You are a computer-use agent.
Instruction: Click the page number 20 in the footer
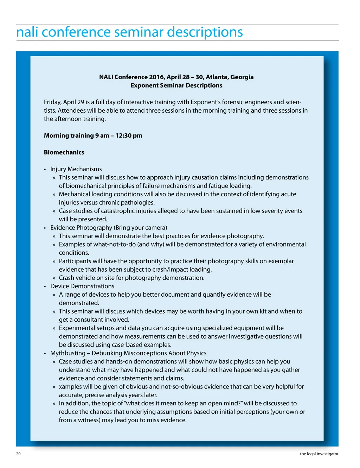point(18,454)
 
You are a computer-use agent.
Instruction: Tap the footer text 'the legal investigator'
point(319,454)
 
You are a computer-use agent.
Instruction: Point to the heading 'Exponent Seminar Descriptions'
point(176,86)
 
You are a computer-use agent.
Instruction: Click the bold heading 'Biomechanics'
point(64,152)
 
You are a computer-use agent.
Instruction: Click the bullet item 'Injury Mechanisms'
point(76,169)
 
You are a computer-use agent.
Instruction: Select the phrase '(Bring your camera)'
point(140,228)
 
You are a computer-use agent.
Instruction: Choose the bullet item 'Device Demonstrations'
point(82,286)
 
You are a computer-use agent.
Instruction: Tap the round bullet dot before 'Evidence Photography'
point(45,228)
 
